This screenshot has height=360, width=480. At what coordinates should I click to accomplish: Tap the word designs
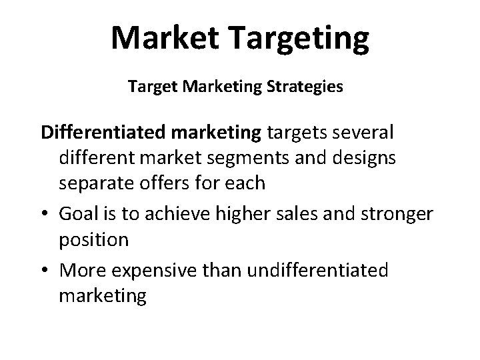coord(363,158)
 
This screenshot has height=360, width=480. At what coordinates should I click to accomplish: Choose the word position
coord(94,239)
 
